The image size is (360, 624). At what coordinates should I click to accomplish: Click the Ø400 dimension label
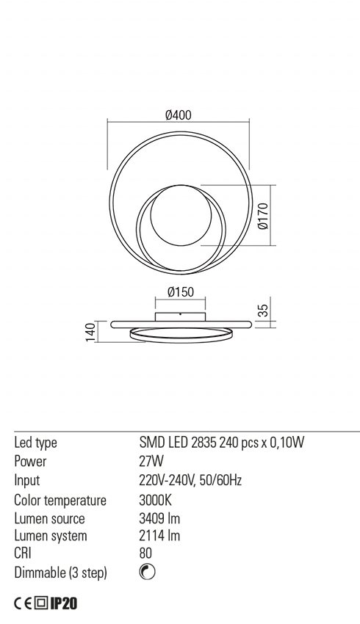click(179, 115)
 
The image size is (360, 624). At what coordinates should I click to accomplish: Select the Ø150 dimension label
click(180, 292)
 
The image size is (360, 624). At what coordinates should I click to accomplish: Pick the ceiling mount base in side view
click(180, 316)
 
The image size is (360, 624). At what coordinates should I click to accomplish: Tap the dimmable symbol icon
click(146, 573)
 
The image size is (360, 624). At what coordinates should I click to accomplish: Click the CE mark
click(24, 604)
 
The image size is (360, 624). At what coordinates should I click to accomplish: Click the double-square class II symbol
click(40, 604)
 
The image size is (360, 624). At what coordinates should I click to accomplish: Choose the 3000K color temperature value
click(154, 500)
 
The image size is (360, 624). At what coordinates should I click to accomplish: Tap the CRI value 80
click(145, 554)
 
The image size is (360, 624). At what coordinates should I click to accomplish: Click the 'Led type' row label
click(36, 443)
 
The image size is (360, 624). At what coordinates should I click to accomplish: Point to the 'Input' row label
click(27, 481)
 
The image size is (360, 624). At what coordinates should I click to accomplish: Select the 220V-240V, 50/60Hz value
click(190, 481)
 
